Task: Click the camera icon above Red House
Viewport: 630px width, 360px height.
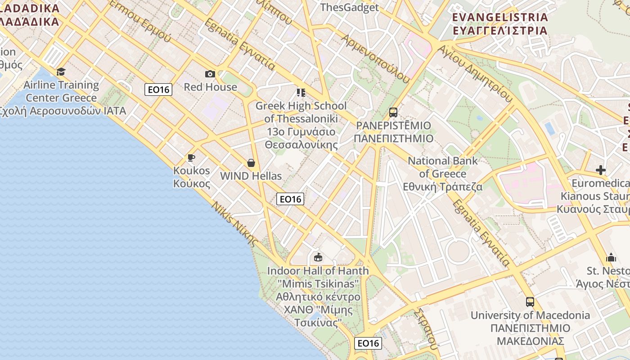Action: pos(210,74)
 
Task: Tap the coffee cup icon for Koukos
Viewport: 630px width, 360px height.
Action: pos(191,157)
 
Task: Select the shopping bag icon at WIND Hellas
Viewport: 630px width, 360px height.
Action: pos(251,162)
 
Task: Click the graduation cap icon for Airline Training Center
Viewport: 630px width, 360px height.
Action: pos(61,72)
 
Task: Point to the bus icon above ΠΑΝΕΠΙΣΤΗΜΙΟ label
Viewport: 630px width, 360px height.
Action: pos(393,112)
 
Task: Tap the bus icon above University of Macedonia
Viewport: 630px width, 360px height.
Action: pos(530,301)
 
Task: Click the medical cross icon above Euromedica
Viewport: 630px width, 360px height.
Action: pos(601,170)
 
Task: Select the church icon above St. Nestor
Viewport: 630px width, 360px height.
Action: pos(611,257)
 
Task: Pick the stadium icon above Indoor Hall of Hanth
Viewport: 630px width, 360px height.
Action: pos(318,257)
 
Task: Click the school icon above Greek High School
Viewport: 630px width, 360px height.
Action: pos(301,93)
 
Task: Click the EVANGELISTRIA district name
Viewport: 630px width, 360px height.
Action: pos(500,17)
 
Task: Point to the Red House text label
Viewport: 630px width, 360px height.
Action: pos(210,87)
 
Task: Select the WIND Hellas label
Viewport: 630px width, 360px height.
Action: pos(251,176)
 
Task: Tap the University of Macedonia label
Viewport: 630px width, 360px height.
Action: pos(530,315)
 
